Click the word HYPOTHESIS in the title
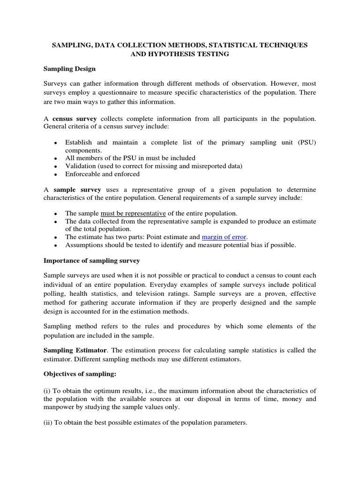[x=166, y=54]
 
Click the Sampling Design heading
[x=69, y=69]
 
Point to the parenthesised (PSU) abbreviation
[x=306, y=142]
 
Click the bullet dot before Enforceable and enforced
[x=55, y=174]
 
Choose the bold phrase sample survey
[x=77, y=189]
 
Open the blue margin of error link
[x=224, y=237]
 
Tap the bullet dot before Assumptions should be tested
[x=55, y=245]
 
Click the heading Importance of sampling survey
[x=91, y=260]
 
